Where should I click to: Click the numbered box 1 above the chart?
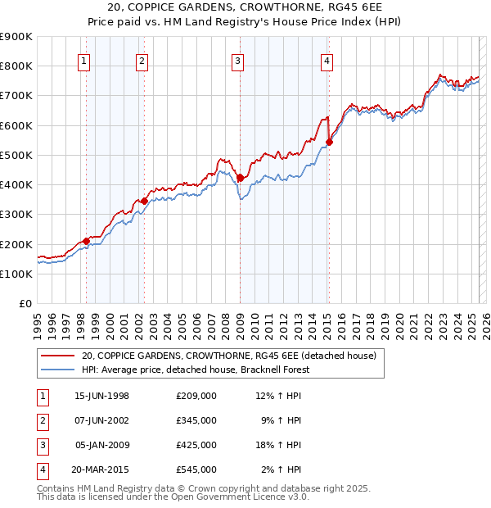(85, 60)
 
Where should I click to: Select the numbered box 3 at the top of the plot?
(237, 60)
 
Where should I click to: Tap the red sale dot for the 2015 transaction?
(329, 142)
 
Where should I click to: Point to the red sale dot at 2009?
(240, 178)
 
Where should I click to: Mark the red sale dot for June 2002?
(144, 201)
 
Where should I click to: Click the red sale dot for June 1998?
(86, 241)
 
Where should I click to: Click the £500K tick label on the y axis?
(16, 155)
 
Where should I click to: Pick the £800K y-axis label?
(16, 66)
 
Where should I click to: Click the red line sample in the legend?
(57, 356)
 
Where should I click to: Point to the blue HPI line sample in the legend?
(57, 370)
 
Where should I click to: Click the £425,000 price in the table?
(196, 445)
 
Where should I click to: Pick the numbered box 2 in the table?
(43, 420)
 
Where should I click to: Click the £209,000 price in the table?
(196, 396)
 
